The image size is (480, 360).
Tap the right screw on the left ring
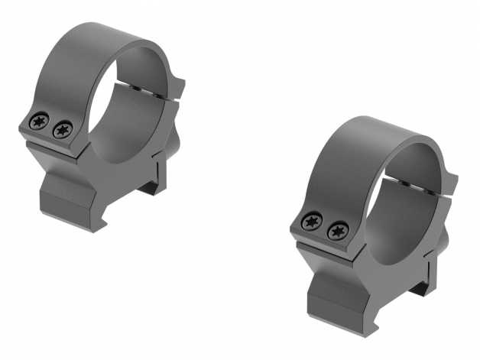[x=60, y=130]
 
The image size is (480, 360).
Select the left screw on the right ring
[x=310, y=222]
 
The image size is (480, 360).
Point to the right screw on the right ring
[x=334, y=231]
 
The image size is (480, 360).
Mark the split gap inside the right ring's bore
[x=417, y=185]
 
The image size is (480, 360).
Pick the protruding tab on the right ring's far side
[x=451, y=183]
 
